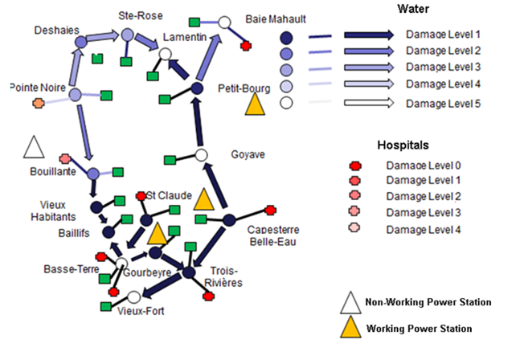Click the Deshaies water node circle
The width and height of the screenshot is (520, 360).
[x=80, y=42]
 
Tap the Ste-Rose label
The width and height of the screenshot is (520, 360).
[x=141, y=15]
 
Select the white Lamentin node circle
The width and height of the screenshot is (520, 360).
[x=165, y=54]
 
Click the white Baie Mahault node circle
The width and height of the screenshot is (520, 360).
[x=224, y=22]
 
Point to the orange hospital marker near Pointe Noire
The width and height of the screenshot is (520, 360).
[x=39, y=103]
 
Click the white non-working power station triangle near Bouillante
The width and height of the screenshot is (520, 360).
[x=34, y=146]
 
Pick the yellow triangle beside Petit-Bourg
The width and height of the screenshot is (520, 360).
[x=255, y=104]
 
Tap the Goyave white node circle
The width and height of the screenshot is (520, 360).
[x=201, y=155]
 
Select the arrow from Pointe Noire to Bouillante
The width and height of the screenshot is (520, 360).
[x=85, y=133]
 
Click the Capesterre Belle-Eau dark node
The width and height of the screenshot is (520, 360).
[x=229, y=220]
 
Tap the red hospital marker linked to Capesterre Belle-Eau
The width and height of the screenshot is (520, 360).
[x=271, y=211]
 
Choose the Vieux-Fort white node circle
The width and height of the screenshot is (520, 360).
[x=134, y=297]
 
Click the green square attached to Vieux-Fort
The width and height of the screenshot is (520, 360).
[x=106, y=306]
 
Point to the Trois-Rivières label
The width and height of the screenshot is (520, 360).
[x=223, y=276]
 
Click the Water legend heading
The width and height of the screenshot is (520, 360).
[x=413, y=9]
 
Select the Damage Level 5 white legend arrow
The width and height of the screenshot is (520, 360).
[x=369, y=103]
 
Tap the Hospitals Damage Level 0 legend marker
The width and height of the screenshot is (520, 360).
[x=355, y=166]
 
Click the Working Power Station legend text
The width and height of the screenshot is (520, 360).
[x=420, y=329]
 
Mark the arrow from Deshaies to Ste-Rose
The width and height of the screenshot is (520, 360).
[x=103, y=36]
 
